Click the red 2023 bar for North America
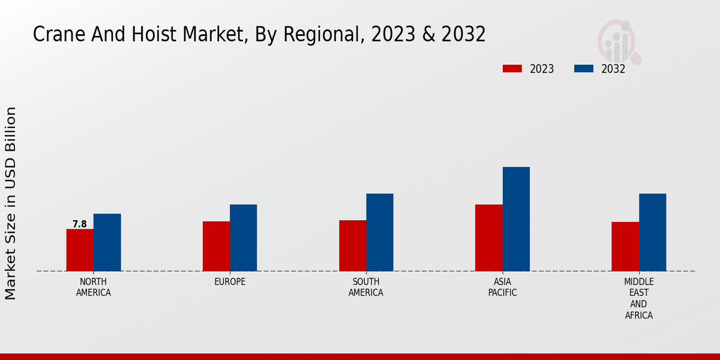click(x=80, y=250)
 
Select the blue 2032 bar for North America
click(x=107, y=242)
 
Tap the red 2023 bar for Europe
click(x=216, y=246)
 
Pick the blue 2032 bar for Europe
click(x=243, y=238)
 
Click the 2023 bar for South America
click(x=352, y=245)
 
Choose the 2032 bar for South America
click(x=380, y=232)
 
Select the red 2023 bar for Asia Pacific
click(x=488, y=238)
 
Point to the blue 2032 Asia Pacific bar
click(x=516, y=219)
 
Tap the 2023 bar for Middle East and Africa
click(x=625, y=247)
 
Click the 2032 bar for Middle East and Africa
click(x=652, y=232)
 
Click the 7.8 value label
click(x=80, y=224)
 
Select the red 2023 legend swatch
click(x=512, y=68)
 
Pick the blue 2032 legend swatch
click(x=584, y=68)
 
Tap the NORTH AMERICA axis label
click(x=94, y=287)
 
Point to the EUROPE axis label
click(x=230, y=282)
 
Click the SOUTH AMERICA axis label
click(x=366, y=287)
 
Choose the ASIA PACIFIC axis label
click(x=502, y=287)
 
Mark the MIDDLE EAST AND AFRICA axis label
click(x=639, y=298)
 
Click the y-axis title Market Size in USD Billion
click(x=11, y=203)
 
